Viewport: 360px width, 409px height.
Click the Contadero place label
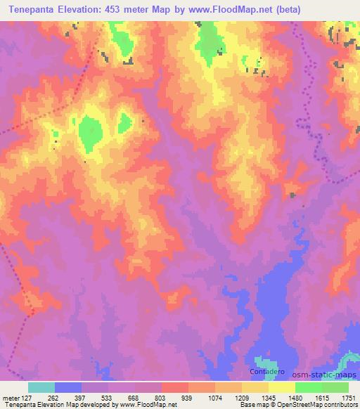pyautogui.click(x=265, y=370)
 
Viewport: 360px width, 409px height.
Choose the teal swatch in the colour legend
pyautogui.click(x=41, y=387)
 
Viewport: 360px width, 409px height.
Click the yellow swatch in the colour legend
pyautogui.click(x=281, y=387)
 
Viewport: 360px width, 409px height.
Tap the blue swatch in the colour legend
pyautogui.click(x=68, y=387)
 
